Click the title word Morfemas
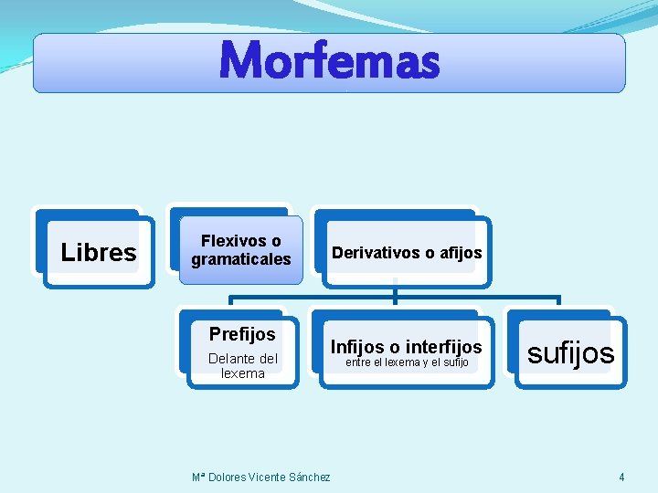pyautogui.click(x=329, y=62)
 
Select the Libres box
pyautogui.click(x=99, y=252)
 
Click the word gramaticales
pyautogui.click(x=241, y=259)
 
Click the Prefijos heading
pyautogui.click(x=242, y=334)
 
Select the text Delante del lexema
pyautogui.click(x=243, y=365)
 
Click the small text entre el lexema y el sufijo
pyautogui.click(x=406, y=362)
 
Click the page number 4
pyautogui.click(x=621, y=477)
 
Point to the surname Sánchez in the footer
pyautogui.click(x=310, y=477)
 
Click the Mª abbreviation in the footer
pyautogui.click(x=198, y=477)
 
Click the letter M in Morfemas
pyautogui.click(x=239, y=62)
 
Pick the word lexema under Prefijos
pyautogui.click(x=243, y=372)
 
